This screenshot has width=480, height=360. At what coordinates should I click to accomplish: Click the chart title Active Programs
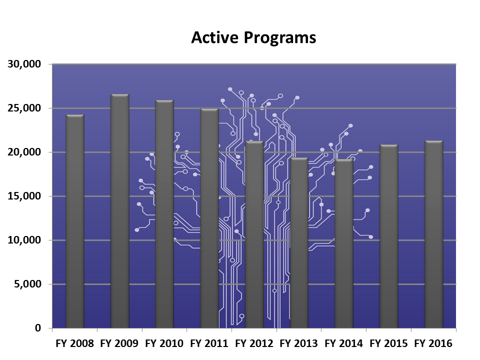253,38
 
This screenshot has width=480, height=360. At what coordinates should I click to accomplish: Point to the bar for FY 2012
254,234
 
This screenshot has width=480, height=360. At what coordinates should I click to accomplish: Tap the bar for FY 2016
433,234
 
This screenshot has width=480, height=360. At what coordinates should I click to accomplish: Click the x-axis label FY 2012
254,344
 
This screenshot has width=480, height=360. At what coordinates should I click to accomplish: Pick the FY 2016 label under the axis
433,344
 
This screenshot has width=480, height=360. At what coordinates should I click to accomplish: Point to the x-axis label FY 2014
344,344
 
